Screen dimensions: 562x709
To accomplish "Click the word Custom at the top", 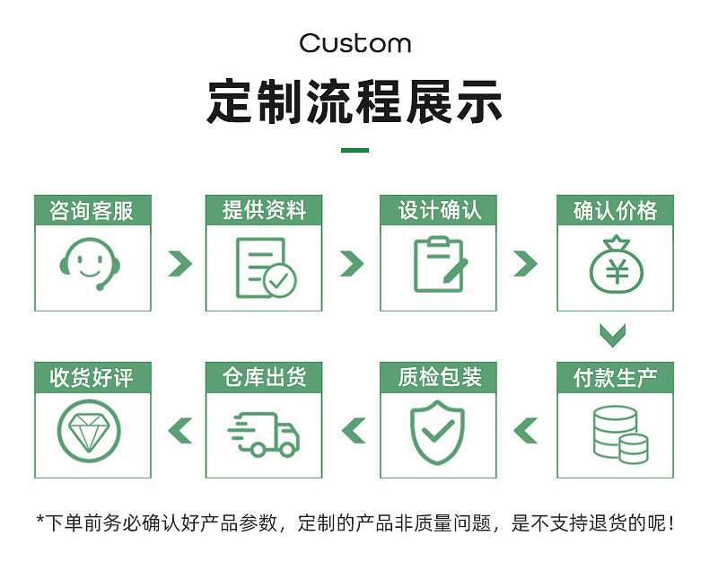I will pyautogui.click(x=354, y=43).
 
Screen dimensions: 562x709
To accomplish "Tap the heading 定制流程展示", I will pyautogui.click(x=354, y=101).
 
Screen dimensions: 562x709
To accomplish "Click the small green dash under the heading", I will pyautogui.click(x=354, y=150).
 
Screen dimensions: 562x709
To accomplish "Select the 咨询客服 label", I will pyautogui.click(x=92, y=210).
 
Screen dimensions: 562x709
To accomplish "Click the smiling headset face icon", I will pyautogui.click(x=92, y=263).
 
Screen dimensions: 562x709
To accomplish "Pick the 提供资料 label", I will pyautogui.click(x=264, y=210).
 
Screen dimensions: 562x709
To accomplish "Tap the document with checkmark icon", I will pyautogui.click(x=264, y=268).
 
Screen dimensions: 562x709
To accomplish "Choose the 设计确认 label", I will pyautogui.click(x=439, y=210).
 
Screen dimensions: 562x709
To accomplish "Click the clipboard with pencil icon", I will pyautogui.click(x=439, y=265).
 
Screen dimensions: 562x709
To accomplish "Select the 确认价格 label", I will pyautogui.click(x=615, y=210).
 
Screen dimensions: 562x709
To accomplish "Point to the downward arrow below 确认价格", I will pyautogui.click(x=613, y=336).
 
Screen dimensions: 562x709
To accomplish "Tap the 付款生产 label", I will pyautogui.click(x=615, y=377).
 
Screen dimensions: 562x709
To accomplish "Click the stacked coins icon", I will pyautogui.click(x=620, y=435).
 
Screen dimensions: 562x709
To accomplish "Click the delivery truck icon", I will pyautogui.click(x=264, y=434).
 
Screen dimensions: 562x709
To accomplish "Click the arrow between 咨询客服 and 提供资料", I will pyautogui.click(x=180, y=263).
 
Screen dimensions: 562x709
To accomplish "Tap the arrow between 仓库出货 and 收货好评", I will pyautogui.click(x=180, y=431).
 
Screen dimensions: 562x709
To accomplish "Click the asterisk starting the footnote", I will pyautogui.click(x=39, y=520).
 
